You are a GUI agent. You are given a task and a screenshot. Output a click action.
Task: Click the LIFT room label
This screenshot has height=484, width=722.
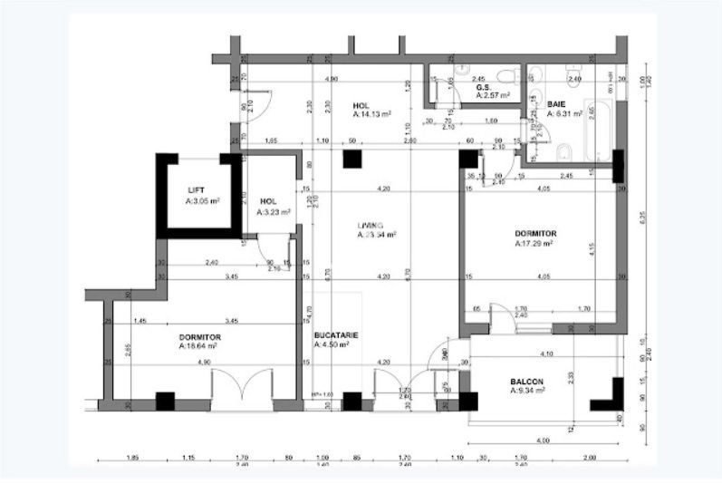(196, 190)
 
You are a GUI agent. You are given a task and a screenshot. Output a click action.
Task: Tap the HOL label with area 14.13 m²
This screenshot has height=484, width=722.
(361, 106)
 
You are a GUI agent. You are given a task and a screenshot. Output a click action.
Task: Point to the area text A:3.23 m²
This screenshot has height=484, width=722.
(273, 212)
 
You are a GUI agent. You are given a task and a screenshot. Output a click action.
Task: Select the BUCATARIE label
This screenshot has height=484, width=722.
(336, 334)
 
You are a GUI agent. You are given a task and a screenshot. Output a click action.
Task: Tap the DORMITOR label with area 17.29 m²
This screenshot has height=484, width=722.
(535, 233)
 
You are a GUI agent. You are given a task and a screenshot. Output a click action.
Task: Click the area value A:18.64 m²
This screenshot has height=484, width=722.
(200, 346)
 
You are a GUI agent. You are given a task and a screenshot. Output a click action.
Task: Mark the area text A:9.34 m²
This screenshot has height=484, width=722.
(528, 392)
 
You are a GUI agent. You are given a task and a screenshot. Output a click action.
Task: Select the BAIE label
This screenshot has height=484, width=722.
(556, 104)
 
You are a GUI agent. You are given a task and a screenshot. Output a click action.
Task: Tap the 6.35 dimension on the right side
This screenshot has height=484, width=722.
(642, 217)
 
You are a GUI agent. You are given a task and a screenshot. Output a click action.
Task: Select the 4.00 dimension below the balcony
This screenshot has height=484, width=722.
(543, 440)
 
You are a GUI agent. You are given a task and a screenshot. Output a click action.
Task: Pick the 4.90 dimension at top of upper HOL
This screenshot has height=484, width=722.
(332, 80)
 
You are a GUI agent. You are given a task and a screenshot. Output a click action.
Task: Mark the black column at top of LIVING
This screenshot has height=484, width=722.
(351, 160)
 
